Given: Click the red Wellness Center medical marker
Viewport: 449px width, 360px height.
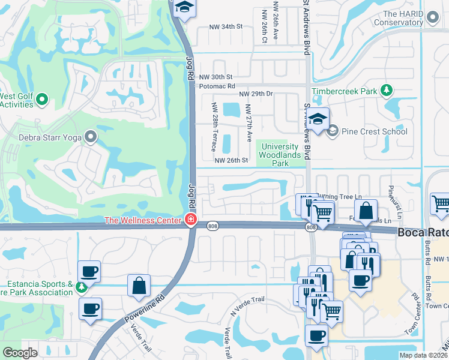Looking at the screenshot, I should pos(191,220).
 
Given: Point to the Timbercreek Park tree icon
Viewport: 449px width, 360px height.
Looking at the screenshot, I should pos(388,91).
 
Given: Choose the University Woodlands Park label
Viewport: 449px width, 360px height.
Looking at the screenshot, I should pos(278,155).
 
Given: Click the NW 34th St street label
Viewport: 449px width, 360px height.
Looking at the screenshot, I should pos(225,27).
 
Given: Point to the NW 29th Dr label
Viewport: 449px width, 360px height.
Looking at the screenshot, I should pos(256,94).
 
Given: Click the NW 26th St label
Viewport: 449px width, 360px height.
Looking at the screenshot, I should pos(231,160).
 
